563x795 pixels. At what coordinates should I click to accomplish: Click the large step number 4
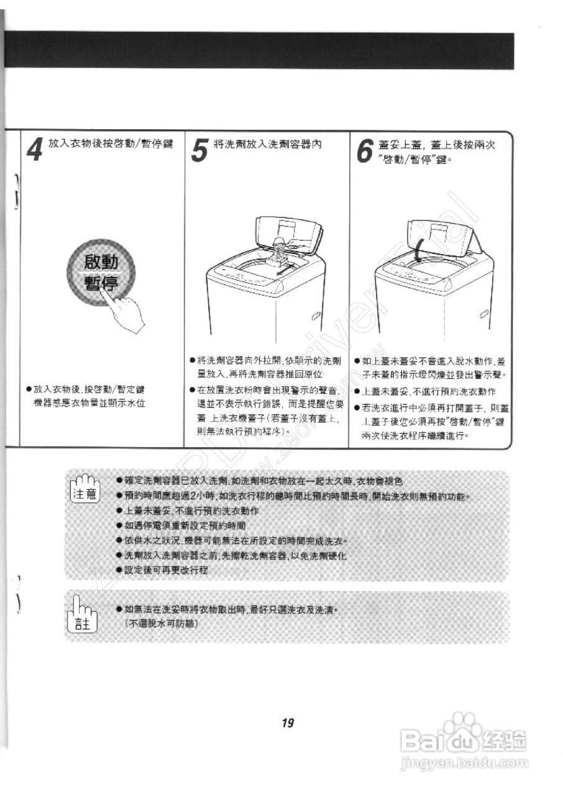(36, 150)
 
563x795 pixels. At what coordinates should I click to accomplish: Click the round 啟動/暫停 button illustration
(101, 274)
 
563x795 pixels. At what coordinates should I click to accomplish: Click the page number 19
(286, 723)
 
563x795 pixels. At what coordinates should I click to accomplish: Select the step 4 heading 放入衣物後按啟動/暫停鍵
(110, 144)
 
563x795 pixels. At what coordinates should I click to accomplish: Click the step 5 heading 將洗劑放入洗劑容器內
(267, 144)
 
